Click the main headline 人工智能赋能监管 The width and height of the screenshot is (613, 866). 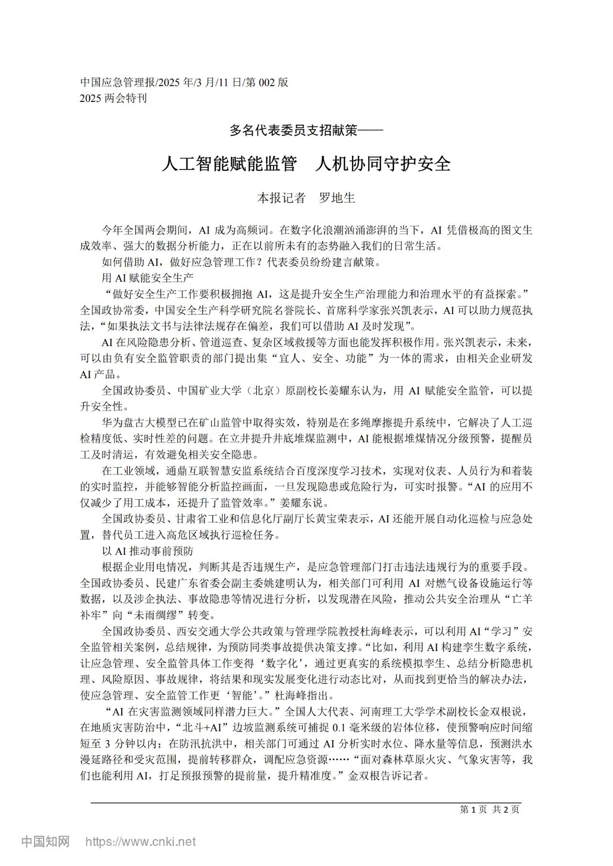tap(228, 164)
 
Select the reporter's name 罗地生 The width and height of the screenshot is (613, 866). tap(337, 198)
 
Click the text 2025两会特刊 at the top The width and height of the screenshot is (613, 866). tap(114, 98)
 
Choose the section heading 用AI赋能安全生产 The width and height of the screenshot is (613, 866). tap(148, 278)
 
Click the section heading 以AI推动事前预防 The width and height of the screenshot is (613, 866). tap(148, 551)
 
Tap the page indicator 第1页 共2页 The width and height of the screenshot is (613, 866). tap(489, 810)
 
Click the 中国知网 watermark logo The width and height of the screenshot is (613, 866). tap(46, 842)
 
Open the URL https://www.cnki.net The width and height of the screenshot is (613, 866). tap(140, 842)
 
